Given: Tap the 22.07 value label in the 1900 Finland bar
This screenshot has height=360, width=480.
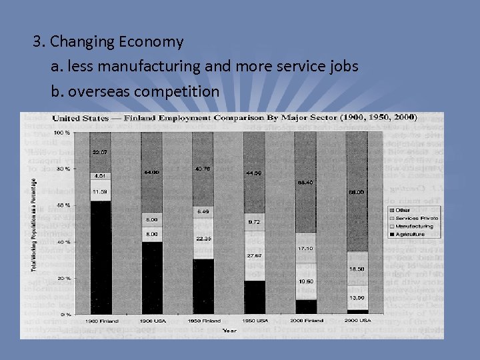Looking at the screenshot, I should click(x=100, y=153).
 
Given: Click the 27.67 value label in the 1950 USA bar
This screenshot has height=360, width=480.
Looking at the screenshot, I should click(x=254, y=256).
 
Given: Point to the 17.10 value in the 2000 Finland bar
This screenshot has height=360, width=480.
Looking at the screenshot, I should click(x=305, y=248).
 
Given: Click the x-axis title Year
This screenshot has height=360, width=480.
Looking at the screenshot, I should click(x=229, y=329).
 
